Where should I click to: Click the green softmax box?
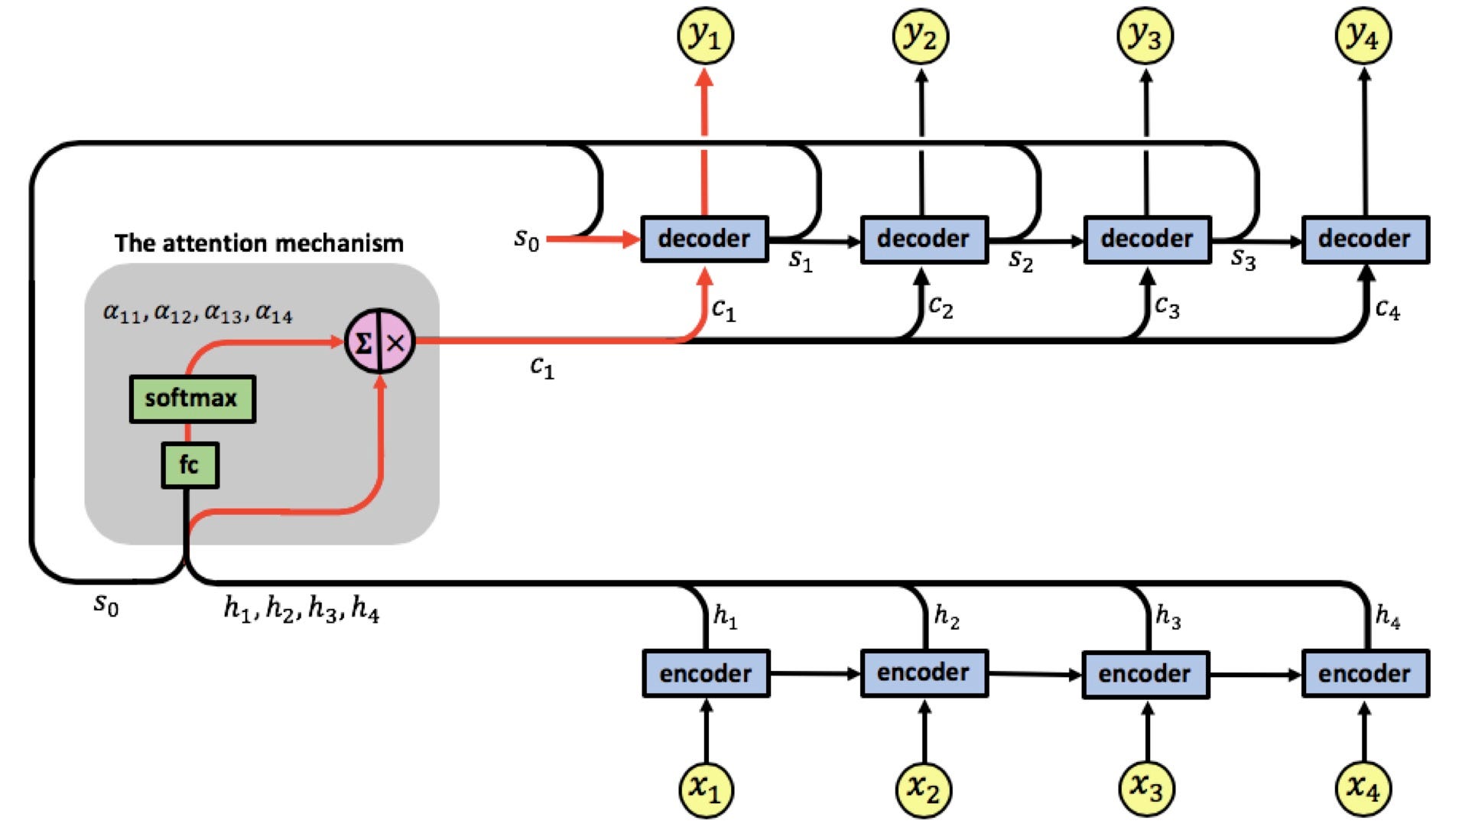(193, 399)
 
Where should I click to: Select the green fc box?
(190, 465)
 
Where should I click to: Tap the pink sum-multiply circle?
(380, 341)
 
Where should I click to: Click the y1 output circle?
(705, 36)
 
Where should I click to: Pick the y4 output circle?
(1363, 36)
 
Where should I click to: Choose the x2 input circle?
(924, 788)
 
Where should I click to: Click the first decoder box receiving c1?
(704, 239)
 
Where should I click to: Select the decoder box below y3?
(1147, 239)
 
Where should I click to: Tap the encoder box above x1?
(706, 673)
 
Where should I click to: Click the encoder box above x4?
(1365, 673)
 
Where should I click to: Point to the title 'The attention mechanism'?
(259, 243)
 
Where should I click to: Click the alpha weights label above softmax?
(198, 313)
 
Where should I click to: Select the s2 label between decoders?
(1021, 261)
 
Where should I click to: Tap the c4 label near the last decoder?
(1387, 310)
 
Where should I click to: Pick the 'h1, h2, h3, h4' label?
(301, 609)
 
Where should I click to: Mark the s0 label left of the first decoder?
(527, 239)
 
